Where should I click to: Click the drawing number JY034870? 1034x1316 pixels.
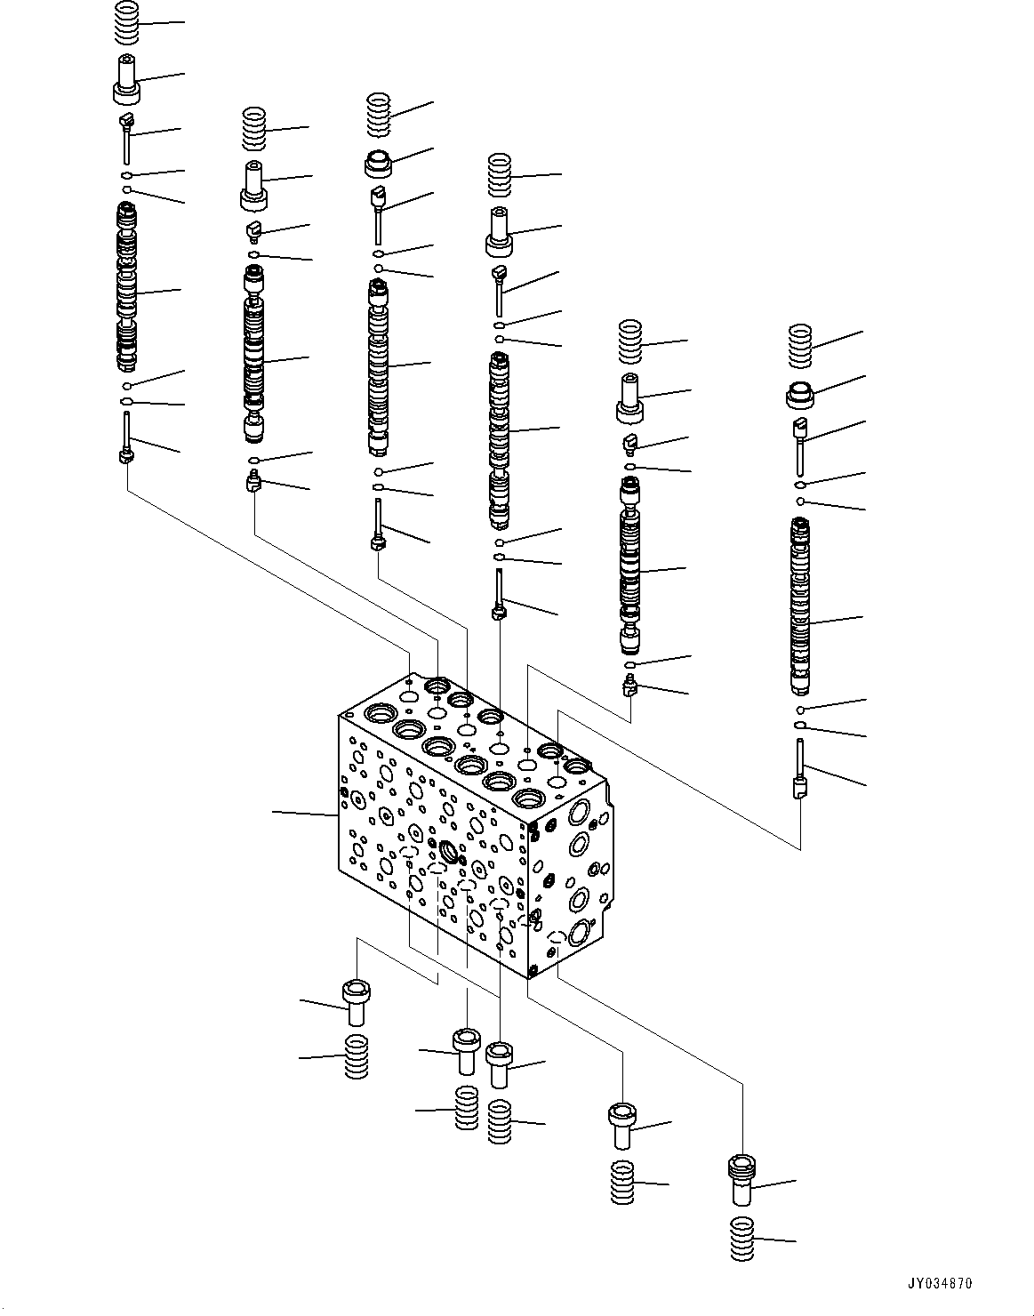941,1284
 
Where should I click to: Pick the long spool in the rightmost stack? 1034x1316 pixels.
803,606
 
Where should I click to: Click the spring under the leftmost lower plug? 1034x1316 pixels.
356,1056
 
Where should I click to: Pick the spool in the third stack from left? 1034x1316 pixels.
380,366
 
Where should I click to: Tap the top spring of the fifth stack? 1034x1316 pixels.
630,341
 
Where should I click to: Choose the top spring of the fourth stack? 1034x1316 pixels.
501,175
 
